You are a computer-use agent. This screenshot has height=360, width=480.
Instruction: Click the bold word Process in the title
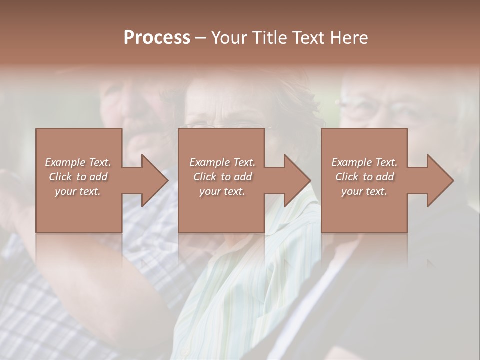pyautogui.click(x=157, y=38)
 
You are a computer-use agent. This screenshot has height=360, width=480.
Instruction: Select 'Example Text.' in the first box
pyautogui.click(x=78, y=162)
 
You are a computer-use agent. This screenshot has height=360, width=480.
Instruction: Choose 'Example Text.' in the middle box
pyautogui.click(x=222, y=162)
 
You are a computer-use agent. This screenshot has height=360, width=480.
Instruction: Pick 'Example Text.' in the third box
pyautogui.click(x=364, y=162)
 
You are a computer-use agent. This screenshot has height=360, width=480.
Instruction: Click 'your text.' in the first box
pyautogui.click(x=78, y=191)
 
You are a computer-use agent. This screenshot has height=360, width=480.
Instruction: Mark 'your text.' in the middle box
pyautogui.click(x=222, y=191)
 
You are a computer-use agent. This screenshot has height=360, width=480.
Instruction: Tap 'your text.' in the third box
pyautogui.click(x=364, y=191)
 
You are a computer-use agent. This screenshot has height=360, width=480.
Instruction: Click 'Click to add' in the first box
pyautogui.click(x=78, y=177)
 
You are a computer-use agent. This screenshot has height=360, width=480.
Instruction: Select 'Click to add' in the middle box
pyautogui.click(x=222, y=177)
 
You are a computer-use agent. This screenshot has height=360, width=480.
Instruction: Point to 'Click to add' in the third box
pyautogui.click(x=364, y=177)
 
